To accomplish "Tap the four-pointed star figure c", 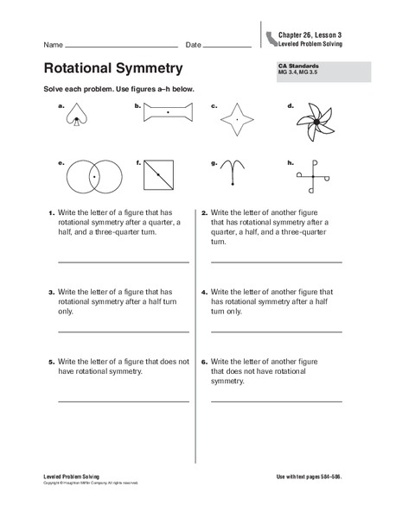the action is [235, 121].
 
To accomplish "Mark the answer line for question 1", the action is [123, 261].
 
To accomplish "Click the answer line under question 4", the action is [276, 331].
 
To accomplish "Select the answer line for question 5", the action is [123, 401].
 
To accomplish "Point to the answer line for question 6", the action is [276, 401].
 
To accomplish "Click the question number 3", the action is [52, 293].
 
